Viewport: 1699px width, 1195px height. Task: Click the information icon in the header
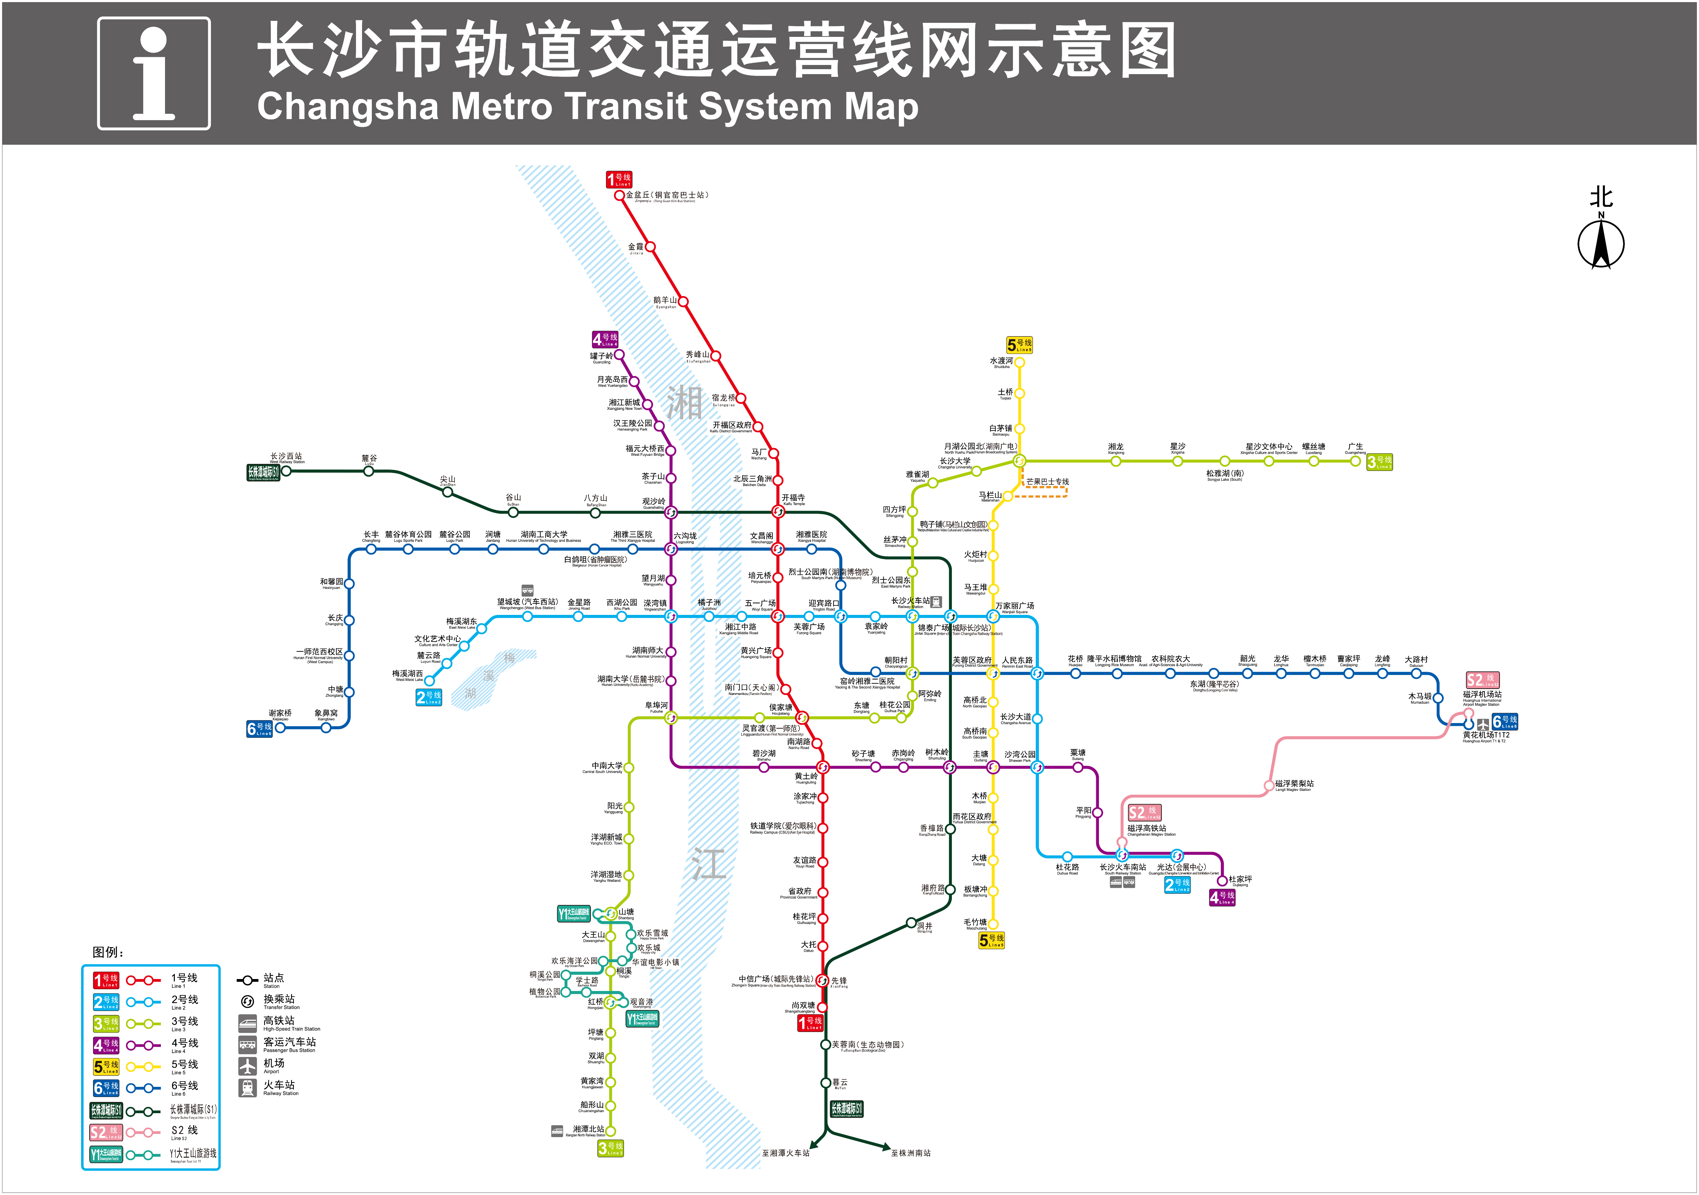pos(154,73)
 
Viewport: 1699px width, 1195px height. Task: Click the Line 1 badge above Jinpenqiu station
pos(619,179)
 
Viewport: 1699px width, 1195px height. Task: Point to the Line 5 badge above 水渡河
pos(1019,345)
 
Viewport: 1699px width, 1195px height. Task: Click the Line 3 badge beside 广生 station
pos(1379,462)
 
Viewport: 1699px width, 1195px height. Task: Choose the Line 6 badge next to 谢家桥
pos(260,729)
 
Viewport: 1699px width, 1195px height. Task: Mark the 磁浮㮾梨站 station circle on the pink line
pos(1269,785)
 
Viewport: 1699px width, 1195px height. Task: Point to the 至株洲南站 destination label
pos(911,1153)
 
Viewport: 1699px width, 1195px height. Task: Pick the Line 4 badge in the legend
pos(106,1045)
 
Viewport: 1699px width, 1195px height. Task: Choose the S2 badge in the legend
pos(106,1132)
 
